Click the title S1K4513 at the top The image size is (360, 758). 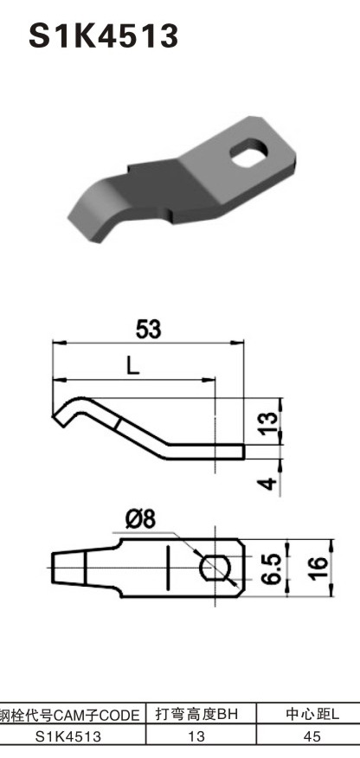[x=104, y=35]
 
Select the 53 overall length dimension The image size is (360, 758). [x=149, y=329]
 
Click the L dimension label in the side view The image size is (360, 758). [x=131, y=366]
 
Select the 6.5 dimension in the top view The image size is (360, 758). [x=271, y=568]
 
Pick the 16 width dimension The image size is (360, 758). [x=318, y=568]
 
